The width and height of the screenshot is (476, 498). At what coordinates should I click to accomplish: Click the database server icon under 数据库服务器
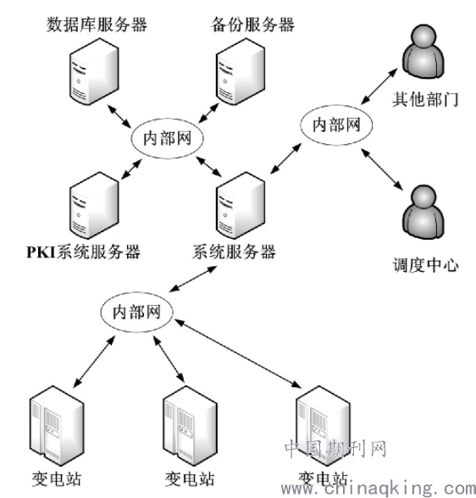pos(94,71)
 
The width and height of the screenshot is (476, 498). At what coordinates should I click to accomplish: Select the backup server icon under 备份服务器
pos(241,71)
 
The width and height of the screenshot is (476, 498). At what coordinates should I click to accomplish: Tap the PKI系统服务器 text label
pos(83,252)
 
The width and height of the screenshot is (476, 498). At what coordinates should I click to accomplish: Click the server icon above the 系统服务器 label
pos(241,206)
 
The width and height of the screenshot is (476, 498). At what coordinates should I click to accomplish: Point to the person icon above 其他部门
pos(423,52)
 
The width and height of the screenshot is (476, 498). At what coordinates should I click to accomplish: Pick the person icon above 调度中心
pos(423,212)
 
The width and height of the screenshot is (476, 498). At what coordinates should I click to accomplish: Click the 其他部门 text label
pos(425,99)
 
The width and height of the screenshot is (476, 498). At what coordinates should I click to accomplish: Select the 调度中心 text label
pos(425,264)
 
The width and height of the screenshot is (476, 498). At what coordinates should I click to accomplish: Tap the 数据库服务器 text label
pos(97,25)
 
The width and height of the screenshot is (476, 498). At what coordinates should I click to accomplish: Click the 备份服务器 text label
pos(252,25)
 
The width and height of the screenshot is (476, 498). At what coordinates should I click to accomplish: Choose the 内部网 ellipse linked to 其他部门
pos(336,125)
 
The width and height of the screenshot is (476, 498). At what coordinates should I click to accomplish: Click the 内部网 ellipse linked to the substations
pos(136,312)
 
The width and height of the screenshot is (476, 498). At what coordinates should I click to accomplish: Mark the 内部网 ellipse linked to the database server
pos(167,138)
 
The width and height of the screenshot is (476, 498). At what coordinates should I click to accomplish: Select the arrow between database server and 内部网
pos(119,116)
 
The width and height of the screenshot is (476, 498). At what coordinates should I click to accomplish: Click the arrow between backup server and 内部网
pos(209,113)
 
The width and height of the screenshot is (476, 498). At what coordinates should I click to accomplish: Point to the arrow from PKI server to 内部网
pos(131,169)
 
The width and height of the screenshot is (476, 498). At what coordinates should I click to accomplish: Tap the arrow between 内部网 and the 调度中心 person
pos(382,169)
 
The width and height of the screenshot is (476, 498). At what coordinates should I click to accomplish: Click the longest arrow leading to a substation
pos(237,353)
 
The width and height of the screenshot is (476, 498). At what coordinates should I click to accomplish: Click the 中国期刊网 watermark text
pos(335,449)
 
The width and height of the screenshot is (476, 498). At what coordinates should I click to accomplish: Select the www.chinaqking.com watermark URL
pos(379,488)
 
